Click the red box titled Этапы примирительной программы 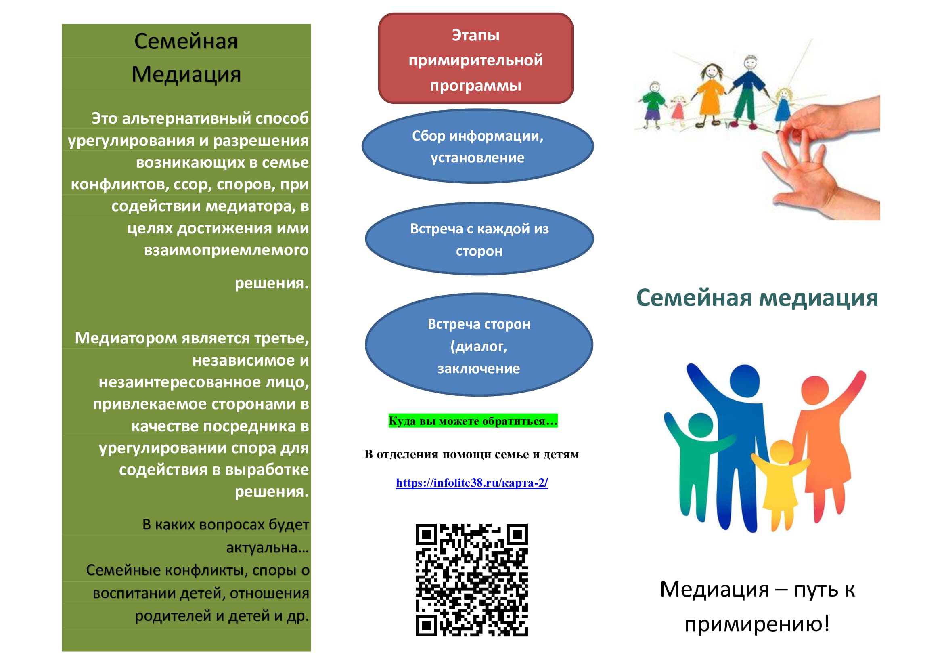[x=476, y=58]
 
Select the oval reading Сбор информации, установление [x=478, y=146]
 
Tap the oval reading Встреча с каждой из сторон [x=479, y=239]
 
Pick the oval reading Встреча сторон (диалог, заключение [x=479, y=345]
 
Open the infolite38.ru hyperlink [x=472, y=483]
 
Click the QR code [x=471, y=580]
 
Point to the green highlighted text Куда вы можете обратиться [x=473, y=421]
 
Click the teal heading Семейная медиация [x=757, y=297]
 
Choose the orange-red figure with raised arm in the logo [x=818, y=444]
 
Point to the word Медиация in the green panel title [x=186, y=74]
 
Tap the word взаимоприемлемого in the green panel [x=226, y=250]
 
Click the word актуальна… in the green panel [x=267, y=548]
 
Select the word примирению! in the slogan [x=757, y=624]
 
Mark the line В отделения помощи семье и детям [x=471, y=454]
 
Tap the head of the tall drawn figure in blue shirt [x=751, y=63]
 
